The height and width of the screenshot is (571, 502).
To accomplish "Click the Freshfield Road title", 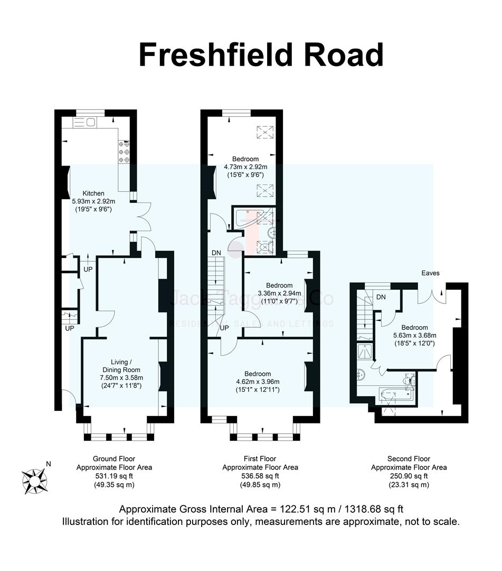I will tap(261, 54).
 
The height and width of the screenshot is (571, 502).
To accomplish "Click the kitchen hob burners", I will tap(125, 151).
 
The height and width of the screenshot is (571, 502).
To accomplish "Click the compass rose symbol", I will tap(34, 479).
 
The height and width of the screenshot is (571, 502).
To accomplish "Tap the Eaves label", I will tap(430, 273).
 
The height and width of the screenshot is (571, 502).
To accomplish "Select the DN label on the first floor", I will tap(216, 253).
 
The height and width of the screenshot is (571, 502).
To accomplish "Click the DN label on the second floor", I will tap(381, 297).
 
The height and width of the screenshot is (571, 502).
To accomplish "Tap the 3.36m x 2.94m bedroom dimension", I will tap(279, 293).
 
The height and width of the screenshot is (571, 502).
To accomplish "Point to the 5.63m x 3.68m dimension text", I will tap(414, 335).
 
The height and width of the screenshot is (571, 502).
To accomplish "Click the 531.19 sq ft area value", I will tap(114, 476).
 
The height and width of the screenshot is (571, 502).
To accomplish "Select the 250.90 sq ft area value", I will tap(409, 476).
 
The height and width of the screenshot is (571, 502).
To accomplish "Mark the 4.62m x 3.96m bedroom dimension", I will tap(258, 382).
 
